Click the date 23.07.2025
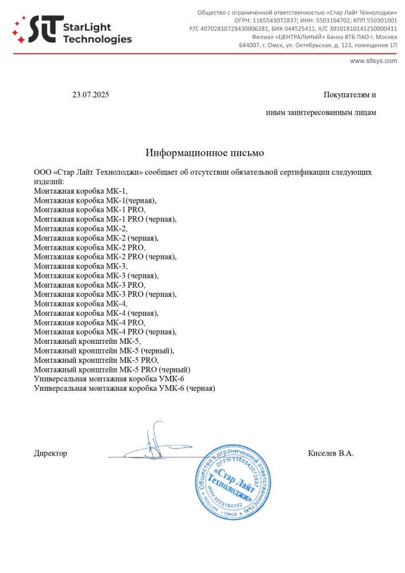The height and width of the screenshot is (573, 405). coord(91,95)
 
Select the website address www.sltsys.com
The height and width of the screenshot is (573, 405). coord(373,61)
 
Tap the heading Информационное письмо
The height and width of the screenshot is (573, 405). coord(205,153)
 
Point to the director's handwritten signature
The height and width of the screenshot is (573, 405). coord(154,442)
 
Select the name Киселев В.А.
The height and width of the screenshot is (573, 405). coord(331,453)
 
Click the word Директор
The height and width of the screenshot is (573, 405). coord(50,453)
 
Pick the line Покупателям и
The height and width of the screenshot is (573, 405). coord(349,95)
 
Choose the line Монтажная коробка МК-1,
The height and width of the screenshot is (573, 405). coord(81,191)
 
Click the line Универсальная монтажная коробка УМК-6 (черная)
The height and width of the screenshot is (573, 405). coord(124,388)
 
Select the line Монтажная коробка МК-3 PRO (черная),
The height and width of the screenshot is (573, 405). coord(105,295)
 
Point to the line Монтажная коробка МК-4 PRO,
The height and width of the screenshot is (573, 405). coord(90,323)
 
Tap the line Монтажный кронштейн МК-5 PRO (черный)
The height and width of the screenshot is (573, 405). coord(112,370)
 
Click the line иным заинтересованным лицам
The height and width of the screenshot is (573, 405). coord(321,112)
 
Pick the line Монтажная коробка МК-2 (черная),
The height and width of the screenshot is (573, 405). coord(96,238)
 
